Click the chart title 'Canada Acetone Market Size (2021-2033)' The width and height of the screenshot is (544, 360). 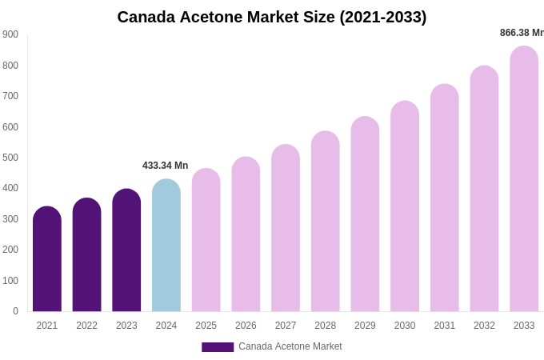pyautogui.click(x=272, y=17)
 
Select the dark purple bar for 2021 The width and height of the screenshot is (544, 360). pyautogui.click(x=47, y=260)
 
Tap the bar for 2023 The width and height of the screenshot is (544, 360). pyautogui.click(x=126, y=251)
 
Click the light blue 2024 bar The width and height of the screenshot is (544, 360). pyautogui.click(x=166, y=246)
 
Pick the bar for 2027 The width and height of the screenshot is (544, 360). pyautogui.click(x=286, y=229)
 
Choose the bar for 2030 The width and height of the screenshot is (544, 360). pyautogui.click(x=405, y=207)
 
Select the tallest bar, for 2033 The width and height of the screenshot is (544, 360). pyautogui.click(x=524, y=180)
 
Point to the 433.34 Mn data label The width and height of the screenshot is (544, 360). pyautogui.click(x=166, y=166)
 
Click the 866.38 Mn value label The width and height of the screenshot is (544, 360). pyautogui.click(x=522, y=33)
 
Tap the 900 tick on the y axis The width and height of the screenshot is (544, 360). pyautogui.click(x=10, y=34)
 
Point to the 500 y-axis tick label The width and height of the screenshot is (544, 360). pyautogui.click(x=10, y=158)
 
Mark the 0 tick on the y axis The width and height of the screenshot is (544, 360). pyautogui.click(x=15, y=311)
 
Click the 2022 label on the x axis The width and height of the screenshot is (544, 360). pyautogui.click(x=87, y=326)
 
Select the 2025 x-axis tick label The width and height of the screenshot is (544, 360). pyautogui.click(x=206, y=326)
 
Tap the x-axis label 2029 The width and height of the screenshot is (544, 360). pyautogui.click(x=365, y=326)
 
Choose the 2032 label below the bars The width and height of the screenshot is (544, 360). pyautogui.click(x=484, y=326)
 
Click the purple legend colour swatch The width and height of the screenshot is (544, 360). pyautogui.click(x=218, y=347)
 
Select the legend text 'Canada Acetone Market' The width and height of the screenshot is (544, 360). pyautogui.click(x=290, y=346)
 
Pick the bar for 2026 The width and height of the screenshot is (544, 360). pyautogui.click(x=246, y=235)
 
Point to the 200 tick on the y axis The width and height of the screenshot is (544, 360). pyautogui.click(x=10, y=250)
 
